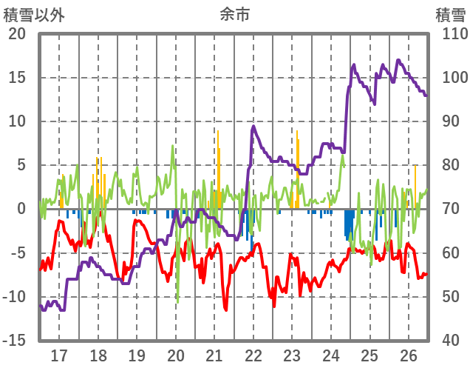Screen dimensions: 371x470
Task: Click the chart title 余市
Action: click(235, 14)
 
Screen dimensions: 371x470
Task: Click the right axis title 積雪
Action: click(449, 14)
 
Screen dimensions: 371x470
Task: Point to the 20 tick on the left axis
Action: click(16, 34)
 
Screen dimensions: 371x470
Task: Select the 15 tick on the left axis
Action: click(16, 78)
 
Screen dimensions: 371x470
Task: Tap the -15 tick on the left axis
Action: click(14, 341)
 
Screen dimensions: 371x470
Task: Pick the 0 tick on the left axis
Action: click(21, 210)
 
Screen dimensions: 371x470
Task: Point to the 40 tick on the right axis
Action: click(452, 341)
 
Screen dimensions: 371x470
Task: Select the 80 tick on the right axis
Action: click(452, 166)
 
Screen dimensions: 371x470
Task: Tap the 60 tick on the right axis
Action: click(452, 253)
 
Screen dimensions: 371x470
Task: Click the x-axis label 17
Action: click(59, 355)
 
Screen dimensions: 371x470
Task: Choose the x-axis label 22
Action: click(253, 355)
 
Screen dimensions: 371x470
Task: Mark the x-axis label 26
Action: click(409, 355)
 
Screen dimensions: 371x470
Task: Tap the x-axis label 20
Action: click(176, 355)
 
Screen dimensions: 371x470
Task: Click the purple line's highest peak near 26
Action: click(398, 60)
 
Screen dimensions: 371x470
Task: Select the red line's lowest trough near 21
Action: click(226, 310)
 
